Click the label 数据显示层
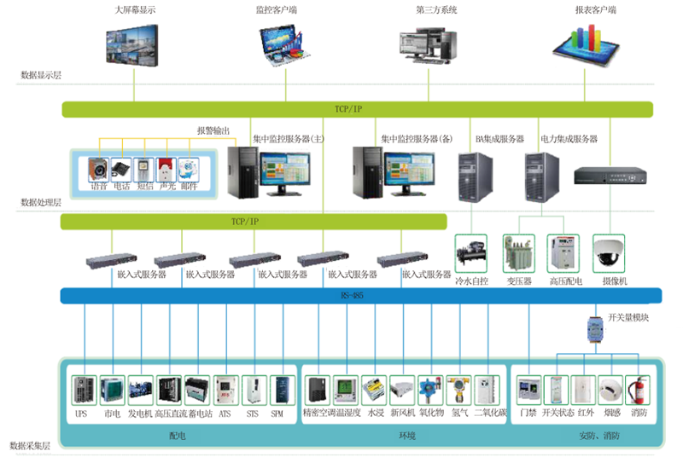click(x=40, y=76)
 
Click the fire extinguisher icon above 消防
click(x=637, y=391)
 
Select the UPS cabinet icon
click(x=82, y=391)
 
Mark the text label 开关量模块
click(x=629, y=317)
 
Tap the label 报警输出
click(x=213, y=130)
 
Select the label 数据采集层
click(x=29, y=446)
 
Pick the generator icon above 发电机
click(x=141, y=391)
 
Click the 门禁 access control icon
click(x=529, y=391)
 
